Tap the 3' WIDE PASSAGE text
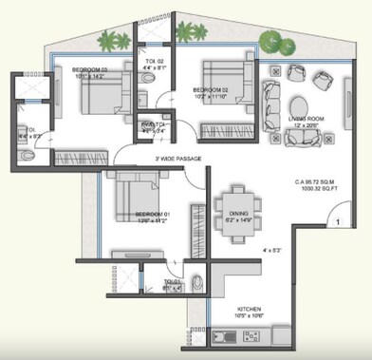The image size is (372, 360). click(x=172, y=159)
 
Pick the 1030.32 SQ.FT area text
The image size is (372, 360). click(x=320, y=192)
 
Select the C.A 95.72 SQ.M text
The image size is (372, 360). click(x=319, y=183)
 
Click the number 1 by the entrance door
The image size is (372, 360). click(x=338, y=222)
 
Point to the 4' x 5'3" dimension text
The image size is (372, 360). click(x=272, y=252)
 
